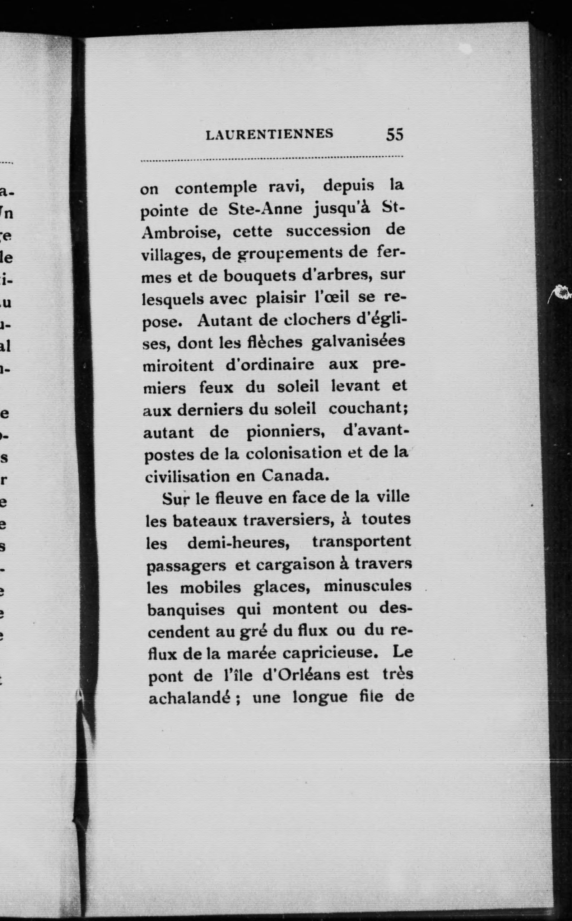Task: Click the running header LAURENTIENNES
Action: tap(269, 134)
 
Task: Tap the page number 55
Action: tap(395, 135)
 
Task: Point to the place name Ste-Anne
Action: tap(265, 210)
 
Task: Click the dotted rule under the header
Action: tap(271, 159)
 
